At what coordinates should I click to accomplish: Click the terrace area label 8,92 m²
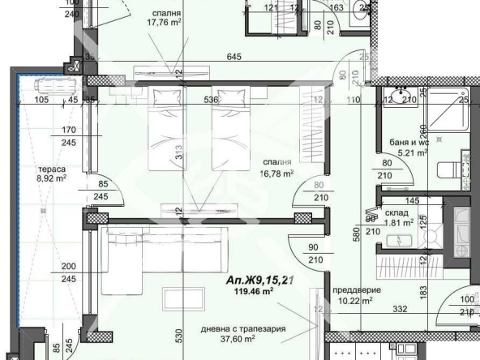(50, 182)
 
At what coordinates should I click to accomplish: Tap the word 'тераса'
(50, 170)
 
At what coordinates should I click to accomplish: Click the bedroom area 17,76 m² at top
(163, 24)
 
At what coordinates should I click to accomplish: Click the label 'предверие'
(354, 289)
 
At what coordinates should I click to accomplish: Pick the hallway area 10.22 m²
(355, 300)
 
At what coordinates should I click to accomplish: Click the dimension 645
(234, 56)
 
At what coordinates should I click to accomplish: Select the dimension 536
(212, 101)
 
